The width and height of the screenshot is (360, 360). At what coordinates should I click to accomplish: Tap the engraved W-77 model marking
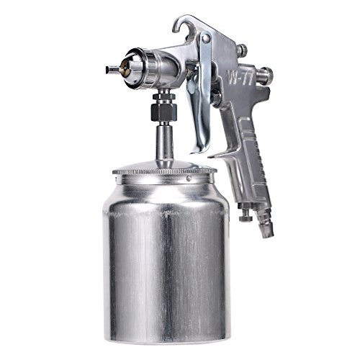click(x=238, y=77)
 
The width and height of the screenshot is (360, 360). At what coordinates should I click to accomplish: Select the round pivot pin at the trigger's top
click(x=206, y=38)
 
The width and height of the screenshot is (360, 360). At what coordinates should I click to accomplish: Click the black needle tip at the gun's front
click(x=110, y=70)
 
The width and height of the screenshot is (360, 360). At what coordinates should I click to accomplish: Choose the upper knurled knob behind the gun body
click(x=243, y=50)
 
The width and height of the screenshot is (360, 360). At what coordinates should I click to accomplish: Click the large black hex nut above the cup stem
click(x=164, y=111)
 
